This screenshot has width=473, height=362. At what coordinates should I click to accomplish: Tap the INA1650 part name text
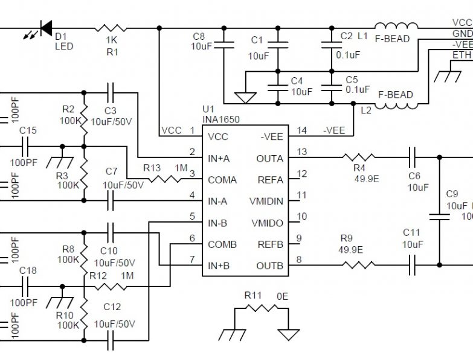coord(220,120)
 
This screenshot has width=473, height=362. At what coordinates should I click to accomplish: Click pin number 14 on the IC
coord(302,130)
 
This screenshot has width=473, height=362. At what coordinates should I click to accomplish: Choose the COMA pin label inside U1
coord(222,180)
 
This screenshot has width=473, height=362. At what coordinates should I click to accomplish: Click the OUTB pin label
coord(269,266)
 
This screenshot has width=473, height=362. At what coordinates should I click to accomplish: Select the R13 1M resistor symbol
coord(171,180)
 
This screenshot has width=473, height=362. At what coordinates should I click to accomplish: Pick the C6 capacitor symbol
coord(413,158)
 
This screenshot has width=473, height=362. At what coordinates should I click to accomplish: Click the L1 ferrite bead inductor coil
coord(396,27)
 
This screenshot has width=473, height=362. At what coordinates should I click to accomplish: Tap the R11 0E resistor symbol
coord(261,309)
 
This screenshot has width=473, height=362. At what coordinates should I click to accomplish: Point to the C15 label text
coord(28,130)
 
